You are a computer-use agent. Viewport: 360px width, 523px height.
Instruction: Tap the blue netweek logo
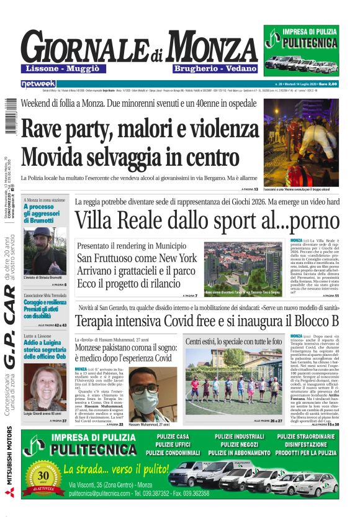click(38, 83)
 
